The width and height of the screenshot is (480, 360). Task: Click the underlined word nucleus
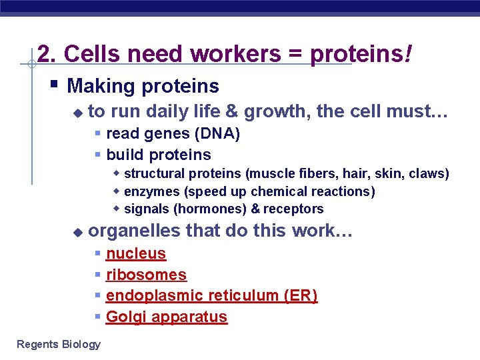click(136, 254)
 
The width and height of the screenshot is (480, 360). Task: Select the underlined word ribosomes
click(146, 275)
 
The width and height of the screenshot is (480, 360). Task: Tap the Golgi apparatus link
click(167, 317)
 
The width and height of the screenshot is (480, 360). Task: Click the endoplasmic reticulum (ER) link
click(211, 296)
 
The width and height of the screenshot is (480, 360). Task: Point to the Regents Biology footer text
click(59, 344)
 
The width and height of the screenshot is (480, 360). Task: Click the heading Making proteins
click(143, 86)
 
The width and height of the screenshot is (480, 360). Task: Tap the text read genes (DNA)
click(173, 134)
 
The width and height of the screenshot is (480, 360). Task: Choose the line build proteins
click(159, 155)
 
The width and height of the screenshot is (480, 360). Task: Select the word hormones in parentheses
click(203, 209)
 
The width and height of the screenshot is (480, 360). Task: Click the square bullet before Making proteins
click(55, 85)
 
